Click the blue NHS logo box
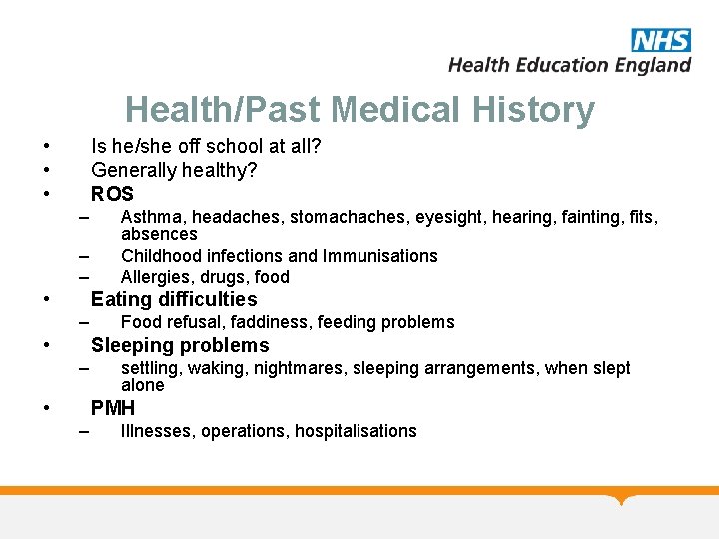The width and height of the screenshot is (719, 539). click(660, 40)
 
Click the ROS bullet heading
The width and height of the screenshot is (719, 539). click(112, 194)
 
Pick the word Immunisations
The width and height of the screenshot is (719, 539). click(376, 256)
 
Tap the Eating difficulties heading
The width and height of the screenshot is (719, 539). click(174, 299)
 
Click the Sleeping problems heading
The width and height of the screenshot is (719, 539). click(180, 345)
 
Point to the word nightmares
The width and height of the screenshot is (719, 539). click(298, 368)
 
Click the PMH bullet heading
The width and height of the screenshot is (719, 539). click(113, 408)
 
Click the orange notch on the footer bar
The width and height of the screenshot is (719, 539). click(623, 498)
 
